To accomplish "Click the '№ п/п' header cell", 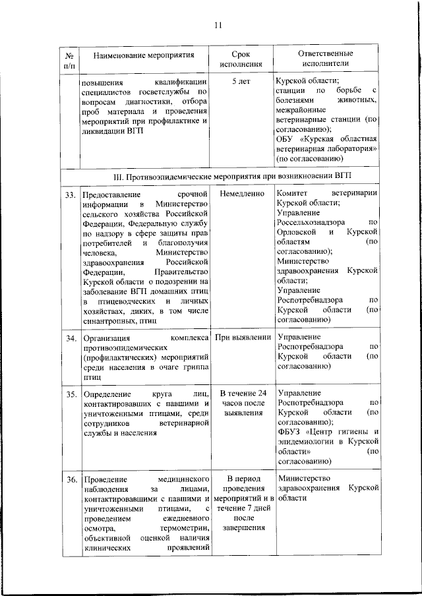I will point(69,59).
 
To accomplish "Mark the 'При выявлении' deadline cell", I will point(240,338).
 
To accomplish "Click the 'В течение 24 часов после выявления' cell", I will point(240,404).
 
